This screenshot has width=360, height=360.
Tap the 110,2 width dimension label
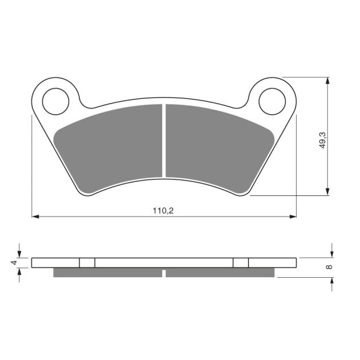coord(163,211)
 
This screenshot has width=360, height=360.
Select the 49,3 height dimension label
coord(323,140)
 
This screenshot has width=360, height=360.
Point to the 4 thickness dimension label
coord(14,262)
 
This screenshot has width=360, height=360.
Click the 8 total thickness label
coord(330,267)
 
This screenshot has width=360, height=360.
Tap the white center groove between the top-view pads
coord(164,141)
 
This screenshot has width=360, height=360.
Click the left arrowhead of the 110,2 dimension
coord(35,216)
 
